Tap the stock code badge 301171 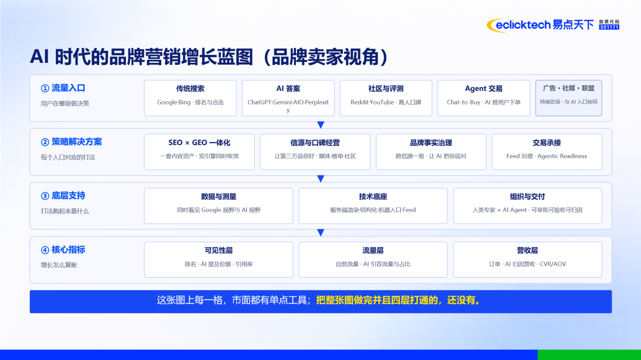609,27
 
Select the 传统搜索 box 191,98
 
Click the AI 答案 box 288,98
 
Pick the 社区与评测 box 386,98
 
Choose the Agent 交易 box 483,98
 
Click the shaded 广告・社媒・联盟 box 569,98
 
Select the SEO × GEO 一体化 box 200,152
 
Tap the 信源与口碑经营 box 315,152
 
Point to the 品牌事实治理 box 431,152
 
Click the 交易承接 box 547,152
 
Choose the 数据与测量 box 218,206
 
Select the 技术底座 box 373,206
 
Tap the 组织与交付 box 527,206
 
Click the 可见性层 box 218,260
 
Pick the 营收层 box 527,260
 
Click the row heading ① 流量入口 63,88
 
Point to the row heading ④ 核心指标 63,250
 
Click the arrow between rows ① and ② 321,125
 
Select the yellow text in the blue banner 399,301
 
